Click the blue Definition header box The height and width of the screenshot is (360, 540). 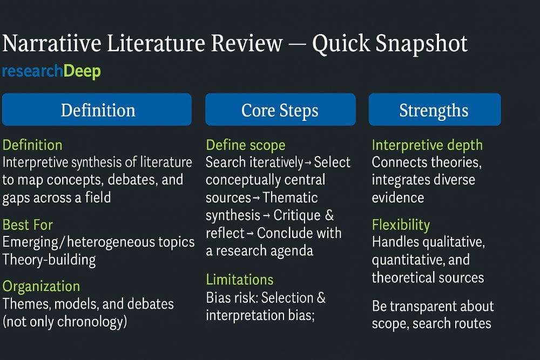(97, 110)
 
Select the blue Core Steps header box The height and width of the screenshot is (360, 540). (280, 110)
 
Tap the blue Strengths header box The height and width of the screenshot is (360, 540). (435, 110)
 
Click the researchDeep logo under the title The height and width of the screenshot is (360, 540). (51, 72)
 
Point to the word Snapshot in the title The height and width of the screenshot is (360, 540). (421, 44)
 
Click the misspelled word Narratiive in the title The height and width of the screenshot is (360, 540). (52, 43)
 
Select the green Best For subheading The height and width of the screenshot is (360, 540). (28, 225)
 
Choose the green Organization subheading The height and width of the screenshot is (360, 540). (42, 287)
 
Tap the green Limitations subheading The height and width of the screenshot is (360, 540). (240, 280)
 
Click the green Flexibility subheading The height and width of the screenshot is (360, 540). (401, 225)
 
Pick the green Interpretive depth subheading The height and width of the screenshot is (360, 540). (427, 145)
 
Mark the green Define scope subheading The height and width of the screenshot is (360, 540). (246, 145)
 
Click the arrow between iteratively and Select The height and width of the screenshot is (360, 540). (308, 163)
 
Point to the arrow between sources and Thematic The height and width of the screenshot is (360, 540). (256, 198)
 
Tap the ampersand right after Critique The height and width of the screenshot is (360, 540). (329, 215)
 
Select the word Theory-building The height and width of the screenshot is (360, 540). (49, 260)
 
